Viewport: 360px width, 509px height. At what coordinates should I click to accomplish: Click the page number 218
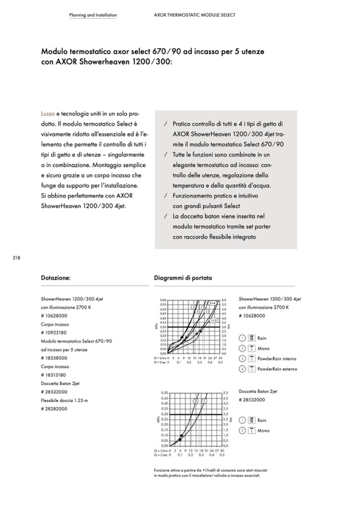[16, 258]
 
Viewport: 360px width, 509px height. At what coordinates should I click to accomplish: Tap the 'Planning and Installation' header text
[93, 15]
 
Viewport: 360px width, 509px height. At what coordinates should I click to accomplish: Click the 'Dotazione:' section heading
[56, 277]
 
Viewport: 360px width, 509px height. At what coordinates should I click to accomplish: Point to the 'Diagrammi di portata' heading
[183, 277]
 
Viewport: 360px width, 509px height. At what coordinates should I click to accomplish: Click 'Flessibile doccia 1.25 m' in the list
[64, 400]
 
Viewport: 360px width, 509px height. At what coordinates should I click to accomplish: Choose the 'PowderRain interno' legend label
[277, 359]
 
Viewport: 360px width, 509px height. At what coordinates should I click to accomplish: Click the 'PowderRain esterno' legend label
[277, 369]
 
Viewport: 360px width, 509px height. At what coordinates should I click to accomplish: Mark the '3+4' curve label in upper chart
[212, 303]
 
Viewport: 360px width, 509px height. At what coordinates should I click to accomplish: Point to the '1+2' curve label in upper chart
[214, 321]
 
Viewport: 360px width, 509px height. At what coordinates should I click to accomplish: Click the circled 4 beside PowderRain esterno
[242, 369]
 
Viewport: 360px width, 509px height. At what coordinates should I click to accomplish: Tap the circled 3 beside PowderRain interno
[242, 359]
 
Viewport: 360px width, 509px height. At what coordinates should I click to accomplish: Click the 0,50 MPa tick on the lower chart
[164, 392]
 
